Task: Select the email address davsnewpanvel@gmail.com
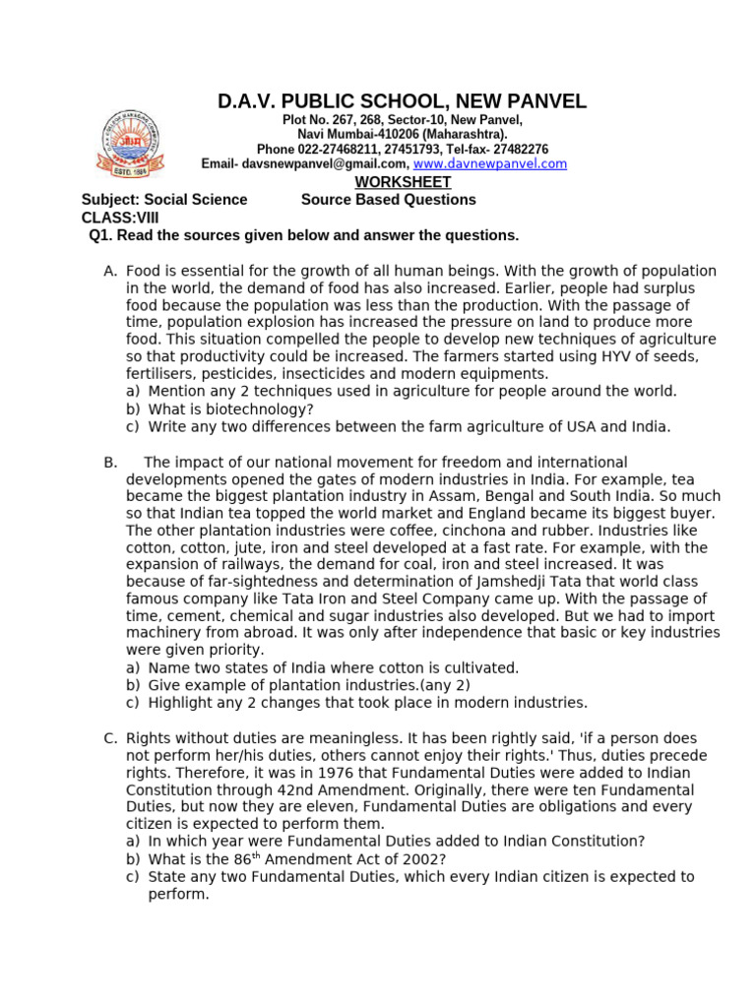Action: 327,164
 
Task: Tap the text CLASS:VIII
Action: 119,218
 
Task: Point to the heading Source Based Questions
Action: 388,200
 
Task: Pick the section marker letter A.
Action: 110,271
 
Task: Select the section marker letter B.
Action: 109,463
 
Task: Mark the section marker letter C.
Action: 110,737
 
